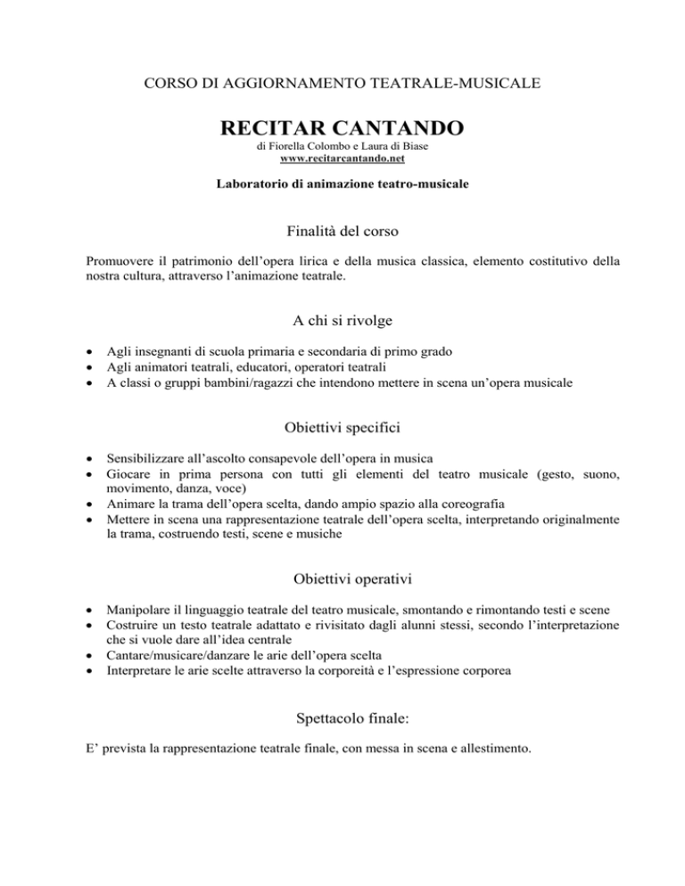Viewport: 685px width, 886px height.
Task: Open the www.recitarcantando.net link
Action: coord(342,159)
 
